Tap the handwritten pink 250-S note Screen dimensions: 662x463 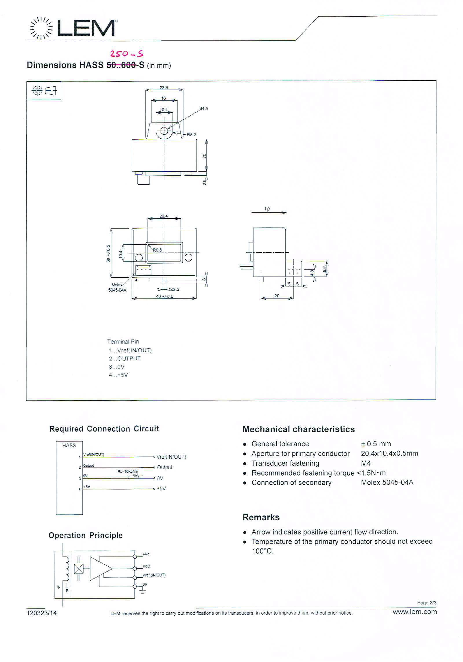point(126,53)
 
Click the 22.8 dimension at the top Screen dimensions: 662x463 point(163,87)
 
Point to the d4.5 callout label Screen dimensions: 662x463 point(203,109)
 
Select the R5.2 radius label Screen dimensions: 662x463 point(191,134)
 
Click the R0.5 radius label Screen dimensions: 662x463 point(157,250)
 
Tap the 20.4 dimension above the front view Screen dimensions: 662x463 point(163,216)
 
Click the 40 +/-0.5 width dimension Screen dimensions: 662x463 point(164,296)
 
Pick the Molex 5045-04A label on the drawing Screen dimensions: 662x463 point(117,288)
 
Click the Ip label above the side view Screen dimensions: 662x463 point(267,209)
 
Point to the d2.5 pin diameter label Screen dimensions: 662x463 point(175,289)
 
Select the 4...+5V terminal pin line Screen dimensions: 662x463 point(118,375)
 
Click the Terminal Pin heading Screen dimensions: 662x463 point(123,342)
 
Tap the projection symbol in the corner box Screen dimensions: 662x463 point(44,91)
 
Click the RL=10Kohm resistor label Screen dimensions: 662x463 point(128,471)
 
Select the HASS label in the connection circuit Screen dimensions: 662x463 point(69,445)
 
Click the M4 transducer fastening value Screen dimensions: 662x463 point(366,463)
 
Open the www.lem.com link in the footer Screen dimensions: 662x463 point(414,612)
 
